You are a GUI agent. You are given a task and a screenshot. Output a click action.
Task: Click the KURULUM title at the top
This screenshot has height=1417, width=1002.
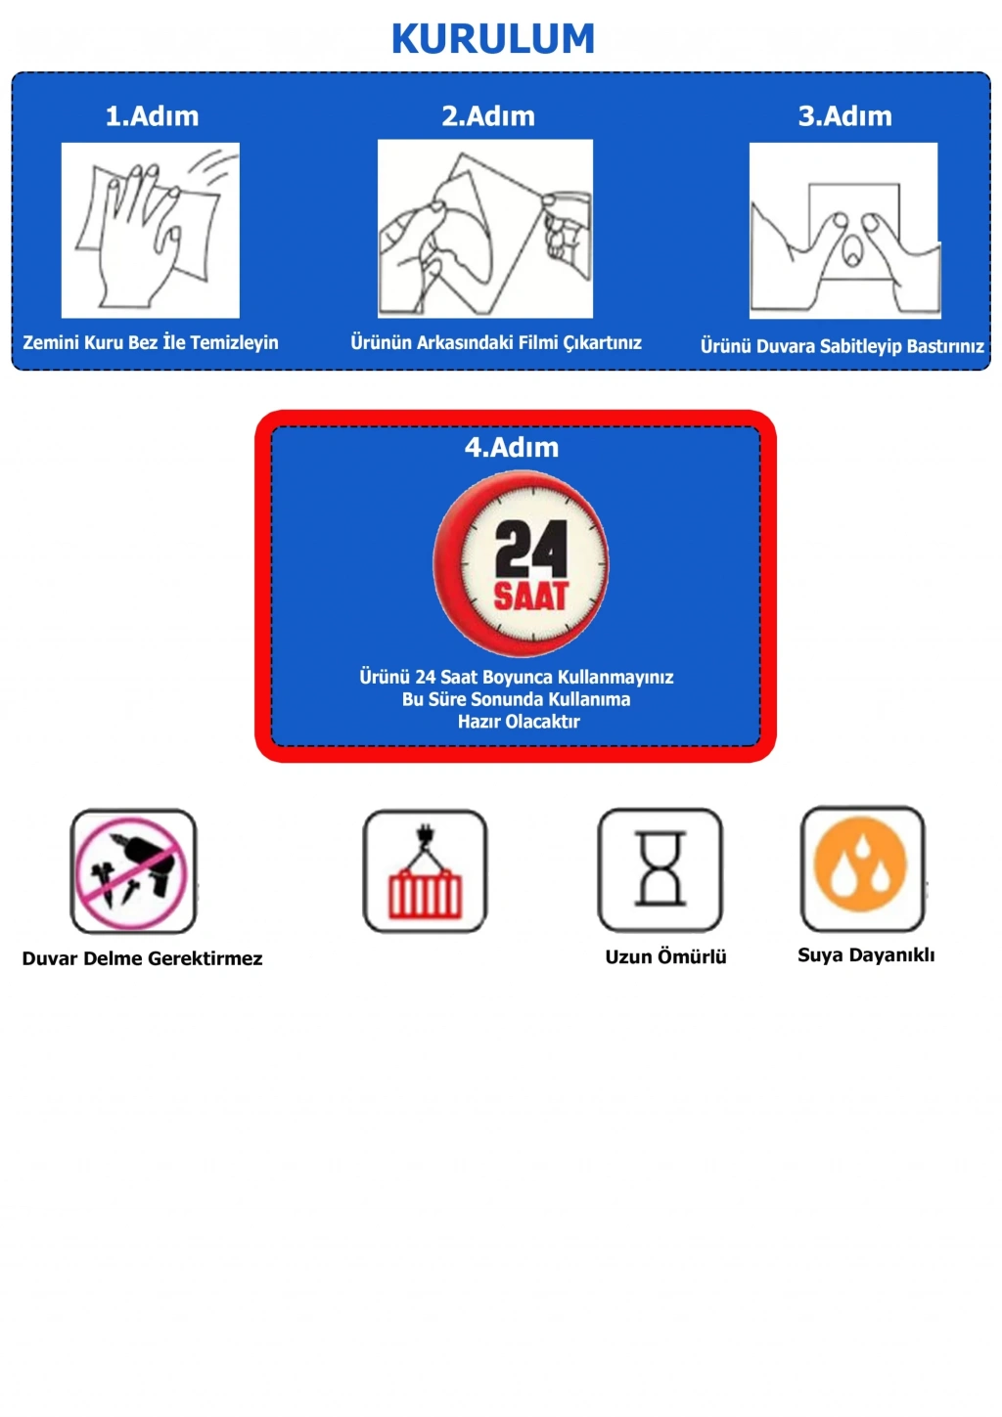point(493,38)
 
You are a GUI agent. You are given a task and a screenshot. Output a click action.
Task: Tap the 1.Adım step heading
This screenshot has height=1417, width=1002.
point(152,115)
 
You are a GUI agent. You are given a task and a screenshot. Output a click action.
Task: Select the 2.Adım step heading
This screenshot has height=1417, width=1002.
point(488,115)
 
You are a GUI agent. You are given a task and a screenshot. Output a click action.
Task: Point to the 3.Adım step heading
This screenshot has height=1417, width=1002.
point(845,115)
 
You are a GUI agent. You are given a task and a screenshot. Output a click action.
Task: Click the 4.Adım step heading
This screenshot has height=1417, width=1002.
point(512,447)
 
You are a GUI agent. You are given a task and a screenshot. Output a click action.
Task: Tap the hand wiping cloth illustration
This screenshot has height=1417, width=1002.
point(150,230)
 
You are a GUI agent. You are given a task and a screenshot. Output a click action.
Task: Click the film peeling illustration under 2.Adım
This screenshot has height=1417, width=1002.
point(485,229)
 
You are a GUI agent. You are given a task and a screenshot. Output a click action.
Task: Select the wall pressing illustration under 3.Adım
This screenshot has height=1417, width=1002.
point(844,230)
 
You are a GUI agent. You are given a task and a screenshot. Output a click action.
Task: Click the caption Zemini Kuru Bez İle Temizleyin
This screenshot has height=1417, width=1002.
point(151,342)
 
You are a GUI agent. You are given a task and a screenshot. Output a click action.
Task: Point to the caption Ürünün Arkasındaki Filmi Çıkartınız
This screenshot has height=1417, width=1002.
point(496,342)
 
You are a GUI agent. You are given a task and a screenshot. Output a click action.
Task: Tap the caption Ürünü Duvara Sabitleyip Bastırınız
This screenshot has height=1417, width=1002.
point(842,346)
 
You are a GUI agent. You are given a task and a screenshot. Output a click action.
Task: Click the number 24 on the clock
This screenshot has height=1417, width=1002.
point(530,549)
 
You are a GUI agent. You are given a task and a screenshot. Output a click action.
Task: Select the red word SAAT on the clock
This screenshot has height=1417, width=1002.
point(530,596)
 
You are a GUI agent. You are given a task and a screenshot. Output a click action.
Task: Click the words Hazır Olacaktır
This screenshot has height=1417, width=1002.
point(519,721)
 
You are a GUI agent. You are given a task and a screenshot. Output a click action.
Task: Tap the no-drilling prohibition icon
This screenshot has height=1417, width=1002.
point(133,871)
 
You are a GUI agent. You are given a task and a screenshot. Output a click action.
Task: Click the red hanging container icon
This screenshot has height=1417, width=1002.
point(425,871)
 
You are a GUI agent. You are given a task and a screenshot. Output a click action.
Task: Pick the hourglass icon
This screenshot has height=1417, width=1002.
point(660,869)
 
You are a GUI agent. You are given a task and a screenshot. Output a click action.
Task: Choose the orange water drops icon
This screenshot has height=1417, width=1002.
point(862,868)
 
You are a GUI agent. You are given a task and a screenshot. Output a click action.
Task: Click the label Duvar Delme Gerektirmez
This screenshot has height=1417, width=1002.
point(143,958)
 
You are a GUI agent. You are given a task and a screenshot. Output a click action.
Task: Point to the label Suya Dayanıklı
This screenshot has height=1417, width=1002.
point(866,955)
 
